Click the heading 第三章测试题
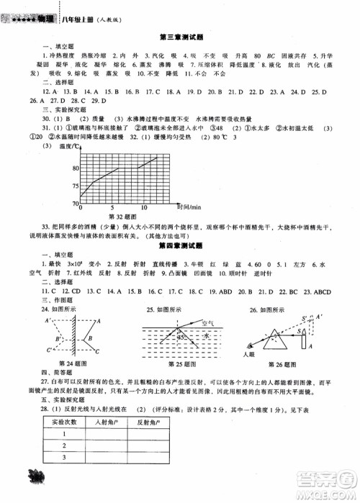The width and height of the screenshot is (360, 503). (x=179, y=36)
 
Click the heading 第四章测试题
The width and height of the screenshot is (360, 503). (x=179, y=245)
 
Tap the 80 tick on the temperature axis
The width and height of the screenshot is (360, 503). (x=73, y=168)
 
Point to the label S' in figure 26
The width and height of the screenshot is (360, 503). (x=287, y=317)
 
